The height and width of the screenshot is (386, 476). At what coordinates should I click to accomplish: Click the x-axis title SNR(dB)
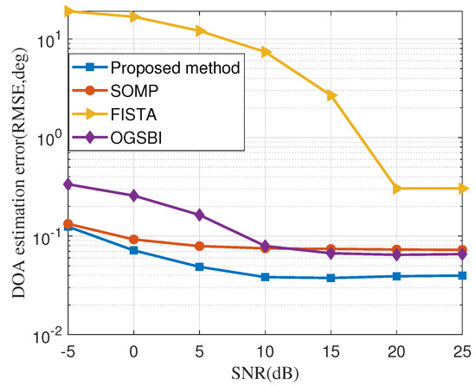[x=265, y=373]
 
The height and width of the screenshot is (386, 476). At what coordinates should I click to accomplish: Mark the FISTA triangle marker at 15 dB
[x=331, y=95]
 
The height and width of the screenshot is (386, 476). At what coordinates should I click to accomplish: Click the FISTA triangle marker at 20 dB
[x=397, y=188]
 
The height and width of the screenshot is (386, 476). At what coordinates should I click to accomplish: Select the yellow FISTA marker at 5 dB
[x=200, y=31]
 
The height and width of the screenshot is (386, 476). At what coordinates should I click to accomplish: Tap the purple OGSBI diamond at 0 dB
[x=133, y=196]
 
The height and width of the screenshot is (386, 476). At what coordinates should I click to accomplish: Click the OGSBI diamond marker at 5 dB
[x=199, y=215]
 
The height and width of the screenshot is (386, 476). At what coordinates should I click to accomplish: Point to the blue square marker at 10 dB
[x=265, y=277]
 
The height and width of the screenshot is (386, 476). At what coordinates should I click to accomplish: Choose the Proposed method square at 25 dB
[x=463, y=275]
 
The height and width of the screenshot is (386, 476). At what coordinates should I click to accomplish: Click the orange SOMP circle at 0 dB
[x=133, y=240]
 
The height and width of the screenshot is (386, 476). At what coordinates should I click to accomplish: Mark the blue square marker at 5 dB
[x=199, y=267]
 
